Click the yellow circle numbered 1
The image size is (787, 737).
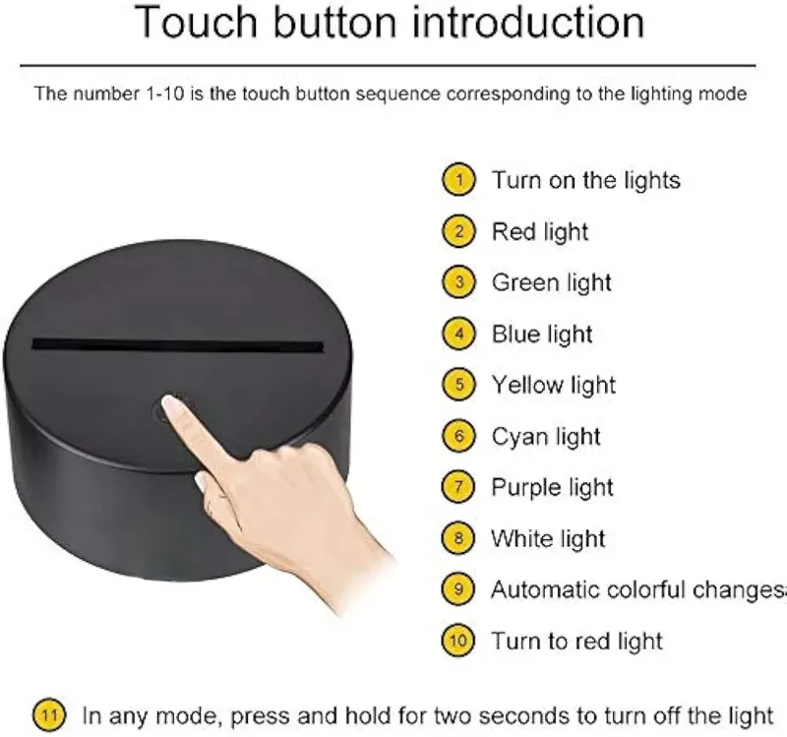pyautogui.click(x=458, y=179)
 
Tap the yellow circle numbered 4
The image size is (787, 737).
pyautogui.click(x=458, y=334)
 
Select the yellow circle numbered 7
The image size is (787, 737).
pyautogui.click(x=458, y=486)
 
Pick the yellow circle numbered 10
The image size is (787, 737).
pyautogui.click(x=458, y=641)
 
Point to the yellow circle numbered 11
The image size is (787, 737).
pyautogui.click(x=49, y=714)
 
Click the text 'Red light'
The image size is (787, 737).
pyautogui.click(x=539, y=232)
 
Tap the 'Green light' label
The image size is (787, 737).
pyautogui.click(x=551, y=282)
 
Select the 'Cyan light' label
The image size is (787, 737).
pyautogui.click(x=546, y=436)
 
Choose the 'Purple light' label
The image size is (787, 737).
pyautogui.click(x=552, y=487)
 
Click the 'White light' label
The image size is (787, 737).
pyautogui.click(x=548, y=538)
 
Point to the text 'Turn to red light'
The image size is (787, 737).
pyautogui.click(x=576, y=642)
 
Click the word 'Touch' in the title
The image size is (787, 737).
pyautogui.click(x=196, y=22)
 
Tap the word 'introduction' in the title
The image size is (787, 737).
pyautogui.click(x=528, y=22)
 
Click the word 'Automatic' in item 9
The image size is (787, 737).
pyautogui.click(x=540, y=589)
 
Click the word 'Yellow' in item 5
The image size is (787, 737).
pyautogui.click(x=527, y=385)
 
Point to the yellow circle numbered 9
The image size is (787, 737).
pyautogui.click(x=458, y=588)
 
